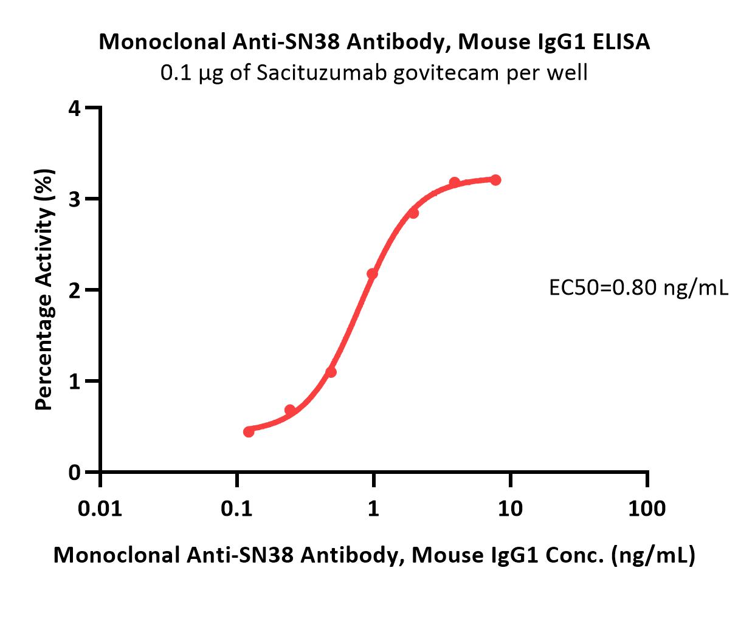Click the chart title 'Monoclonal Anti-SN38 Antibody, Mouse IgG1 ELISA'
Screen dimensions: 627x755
(374, 42)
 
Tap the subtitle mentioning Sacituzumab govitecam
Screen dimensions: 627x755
(374, 73)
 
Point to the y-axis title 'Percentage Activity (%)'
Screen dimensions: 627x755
(44, 289)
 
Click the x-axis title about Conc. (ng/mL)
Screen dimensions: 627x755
(374, 555)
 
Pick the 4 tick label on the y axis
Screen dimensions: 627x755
(74, 109)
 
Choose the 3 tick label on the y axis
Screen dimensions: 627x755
(74, 199)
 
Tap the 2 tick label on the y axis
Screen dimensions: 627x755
(74, 290)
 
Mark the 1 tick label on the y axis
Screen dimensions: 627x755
(74, 381)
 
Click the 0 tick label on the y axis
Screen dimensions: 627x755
(74, 472)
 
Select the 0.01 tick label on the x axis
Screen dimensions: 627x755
(100, 508)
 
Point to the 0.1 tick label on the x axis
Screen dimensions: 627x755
(236, 508)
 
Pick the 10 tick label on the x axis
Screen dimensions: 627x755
(510, 508)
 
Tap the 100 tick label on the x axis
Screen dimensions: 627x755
(647, 508)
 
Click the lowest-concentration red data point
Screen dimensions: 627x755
(249, 432)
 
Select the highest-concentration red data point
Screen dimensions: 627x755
(495, 180)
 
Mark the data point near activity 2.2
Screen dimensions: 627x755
(372, 274)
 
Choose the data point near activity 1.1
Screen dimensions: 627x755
(331, 372)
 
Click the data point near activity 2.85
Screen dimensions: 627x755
(413, 213)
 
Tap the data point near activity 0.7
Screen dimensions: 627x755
(290, 410)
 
